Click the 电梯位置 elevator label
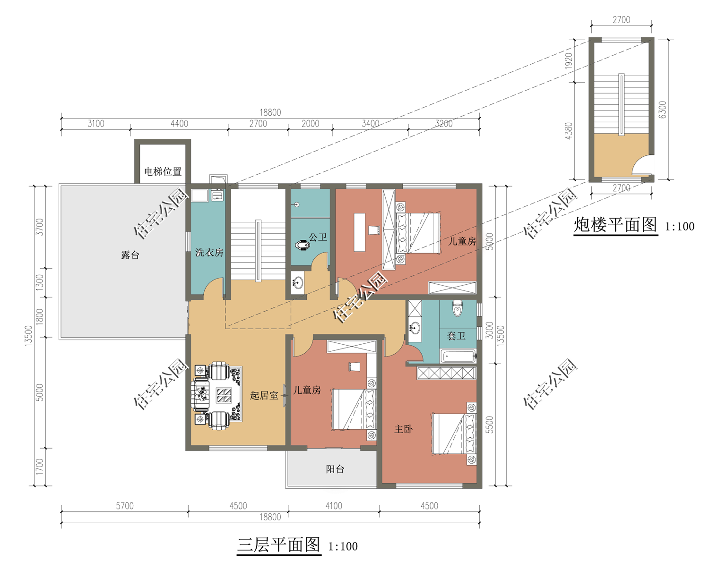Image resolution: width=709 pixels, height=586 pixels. (x=163, y=171)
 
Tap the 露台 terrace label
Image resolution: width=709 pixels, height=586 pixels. (x=130, y=255)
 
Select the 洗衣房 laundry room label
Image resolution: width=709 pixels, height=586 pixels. (x=209, y=252)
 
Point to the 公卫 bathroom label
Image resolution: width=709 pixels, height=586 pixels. (x=318, y=237)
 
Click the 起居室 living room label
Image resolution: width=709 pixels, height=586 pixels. (x=264, y=395)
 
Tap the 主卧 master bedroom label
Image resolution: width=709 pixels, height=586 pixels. (x=403, y=429)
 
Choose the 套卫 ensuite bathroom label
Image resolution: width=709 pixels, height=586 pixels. (x=456, y=336)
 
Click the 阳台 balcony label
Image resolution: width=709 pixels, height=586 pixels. (x=335, y=469)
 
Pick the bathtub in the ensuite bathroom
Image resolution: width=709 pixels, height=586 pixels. (x=459, y=356)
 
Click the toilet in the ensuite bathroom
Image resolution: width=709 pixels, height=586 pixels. (x=458, y=308)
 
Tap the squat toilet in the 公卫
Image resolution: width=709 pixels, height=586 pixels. (x=303, y=245)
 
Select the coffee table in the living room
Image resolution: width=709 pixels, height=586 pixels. (x=224, y=395)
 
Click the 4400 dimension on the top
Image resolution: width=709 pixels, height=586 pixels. (x=179, y=124)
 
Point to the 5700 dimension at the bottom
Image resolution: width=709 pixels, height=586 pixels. (x=125, y=506)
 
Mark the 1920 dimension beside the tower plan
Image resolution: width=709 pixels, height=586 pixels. (x=569, y=61)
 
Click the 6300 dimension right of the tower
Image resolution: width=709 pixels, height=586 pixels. (x=663, y=110)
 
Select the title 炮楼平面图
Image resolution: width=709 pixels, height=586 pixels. (x=615, y=225)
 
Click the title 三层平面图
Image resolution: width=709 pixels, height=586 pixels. (x=278, y=545)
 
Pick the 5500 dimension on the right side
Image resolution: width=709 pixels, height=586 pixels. (x=489, y=425)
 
